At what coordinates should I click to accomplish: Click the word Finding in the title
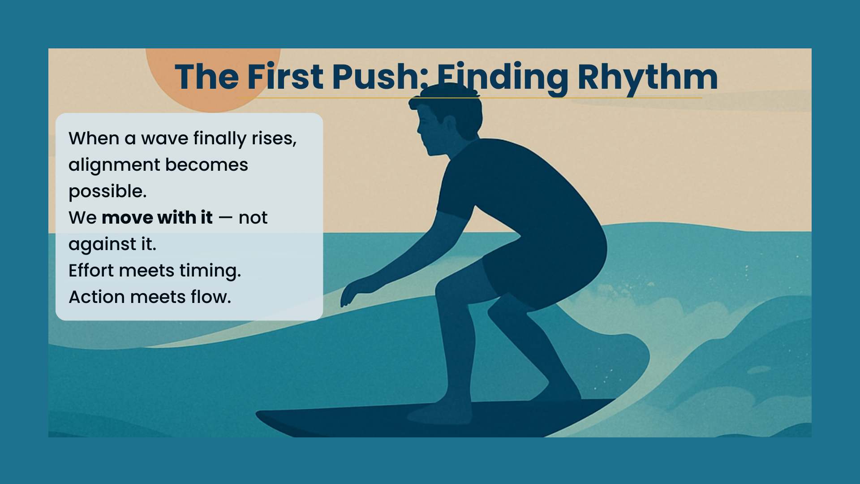pos(503,78)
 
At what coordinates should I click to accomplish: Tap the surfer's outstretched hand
pos(353,294)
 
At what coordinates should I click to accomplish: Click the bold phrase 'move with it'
pos(157,218)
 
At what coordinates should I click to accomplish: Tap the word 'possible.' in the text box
pos(107,192)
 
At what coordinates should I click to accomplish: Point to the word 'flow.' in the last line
pos(211,297)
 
